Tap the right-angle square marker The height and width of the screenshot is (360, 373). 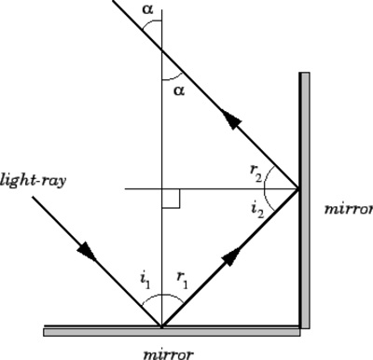tap(170, 198)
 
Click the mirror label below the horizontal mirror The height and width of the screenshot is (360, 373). tap(168, 353)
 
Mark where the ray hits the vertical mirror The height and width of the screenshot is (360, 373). tap(298, 189)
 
